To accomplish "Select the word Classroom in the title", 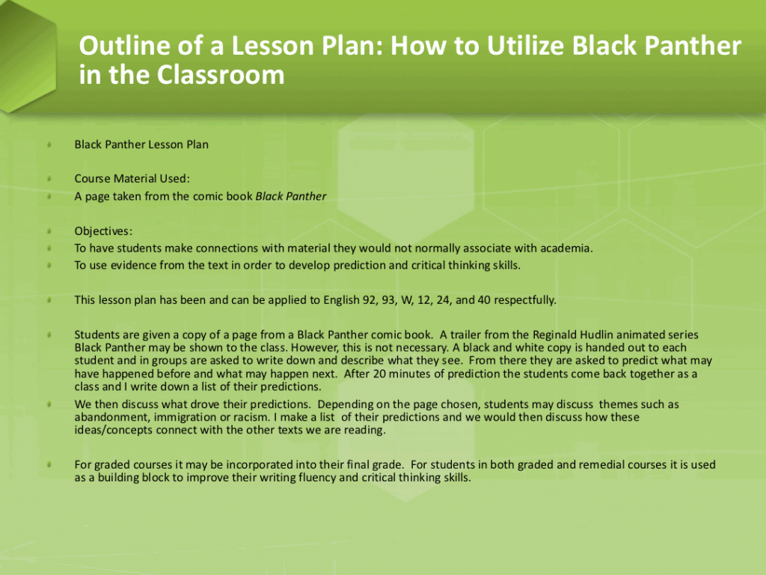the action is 221,75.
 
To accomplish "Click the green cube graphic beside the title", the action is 28,56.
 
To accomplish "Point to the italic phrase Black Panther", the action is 291,197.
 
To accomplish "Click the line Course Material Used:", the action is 132,178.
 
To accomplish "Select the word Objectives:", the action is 103,231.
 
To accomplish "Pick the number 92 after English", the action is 369,299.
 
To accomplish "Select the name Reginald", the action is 555,335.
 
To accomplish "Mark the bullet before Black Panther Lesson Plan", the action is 49,144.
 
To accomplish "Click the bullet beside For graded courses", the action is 49,465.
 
